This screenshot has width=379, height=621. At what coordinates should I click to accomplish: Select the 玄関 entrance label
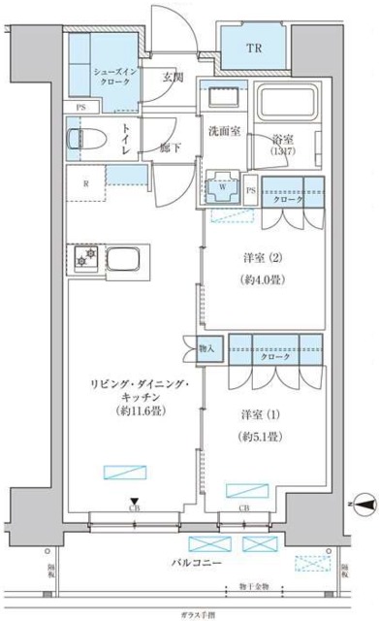pos(173,78)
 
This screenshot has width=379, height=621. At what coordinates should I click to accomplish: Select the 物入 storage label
pos(205,346)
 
